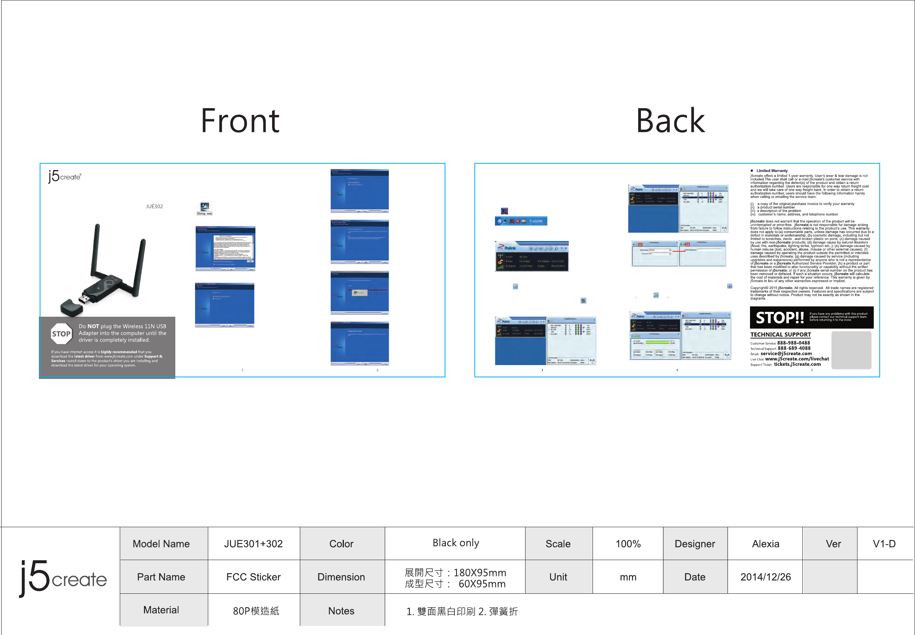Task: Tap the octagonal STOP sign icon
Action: [x=61, y=334]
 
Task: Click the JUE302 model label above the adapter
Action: [x=154, y=207]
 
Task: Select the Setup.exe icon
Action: [x=205, y=208]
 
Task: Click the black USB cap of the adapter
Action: [x=71, y=307]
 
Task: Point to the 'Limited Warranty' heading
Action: [x=772, y=171]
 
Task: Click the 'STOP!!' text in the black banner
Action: [x=780, y=317]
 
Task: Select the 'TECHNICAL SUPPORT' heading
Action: [x=780, y=335]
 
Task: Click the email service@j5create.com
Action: [x=786, y=353]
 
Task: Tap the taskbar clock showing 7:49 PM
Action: [x=536, y=221]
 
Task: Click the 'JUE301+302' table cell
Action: [x=253, y=543]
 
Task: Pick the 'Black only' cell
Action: [x=455, y=543]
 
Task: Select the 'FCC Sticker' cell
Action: [x=253, y=577]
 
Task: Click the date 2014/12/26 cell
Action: [x=765, y=577]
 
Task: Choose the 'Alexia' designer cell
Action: [x=765, y=543]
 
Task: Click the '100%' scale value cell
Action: [x=627, y=543]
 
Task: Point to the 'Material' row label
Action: [x=161, y=610]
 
